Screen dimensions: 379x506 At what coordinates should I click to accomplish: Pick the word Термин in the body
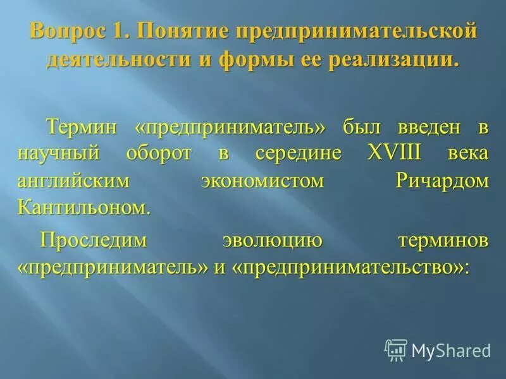pyautogui.click(x=81, y=127)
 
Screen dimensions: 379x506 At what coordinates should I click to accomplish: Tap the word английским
pyautogui.click(x=73, y=181)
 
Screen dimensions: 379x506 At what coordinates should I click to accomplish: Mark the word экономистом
pyautogui.click(x=262, y=181)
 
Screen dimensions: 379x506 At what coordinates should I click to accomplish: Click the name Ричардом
pyautogui.click(x=442, y=181)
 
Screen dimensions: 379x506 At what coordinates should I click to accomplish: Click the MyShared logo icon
pyautogui.click(x=396, y=349)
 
